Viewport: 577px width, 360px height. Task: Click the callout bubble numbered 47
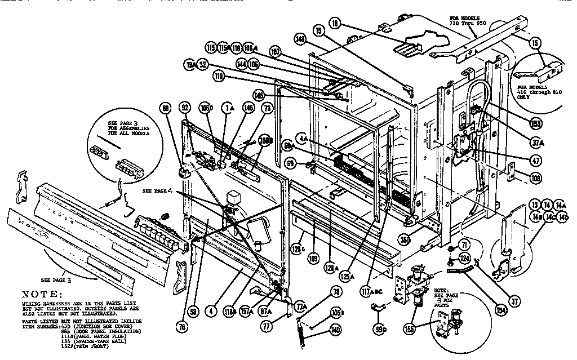point(536,161)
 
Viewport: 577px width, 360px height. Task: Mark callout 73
point(267,108)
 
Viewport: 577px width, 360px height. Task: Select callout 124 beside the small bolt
point(465,258)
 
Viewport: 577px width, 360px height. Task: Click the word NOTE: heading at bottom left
point(42,294)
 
